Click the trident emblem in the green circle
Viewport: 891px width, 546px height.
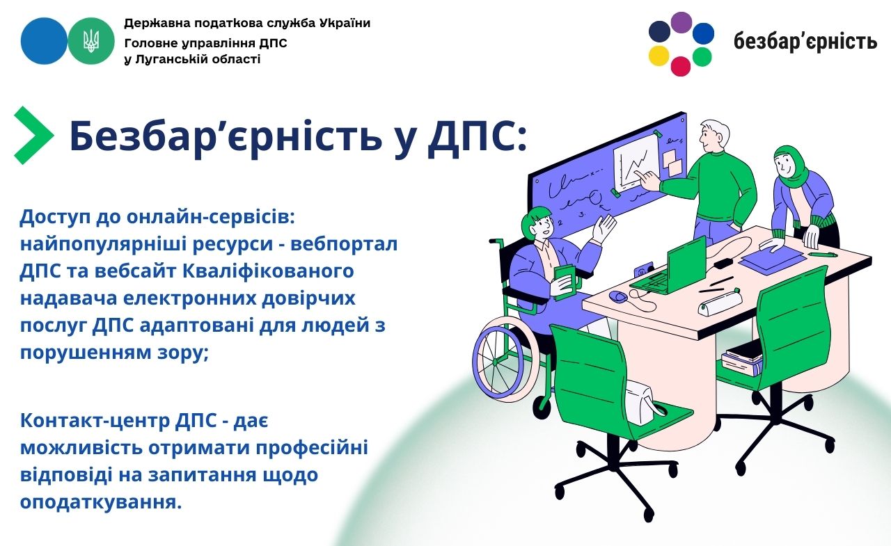[91, 41]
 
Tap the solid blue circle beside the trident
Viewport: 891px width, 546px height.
[44, 41]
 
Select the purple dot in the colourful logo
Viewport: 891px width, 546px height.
[681, 22]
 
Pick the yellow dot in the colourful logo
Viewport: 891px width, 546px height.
[659, 56]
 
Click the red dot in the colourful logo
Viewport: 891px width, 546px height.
[681, 66]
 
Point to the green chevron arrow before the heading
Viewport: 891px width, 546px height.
[34, 135]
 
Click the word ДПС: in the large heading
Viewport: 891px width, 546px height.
[477, 137]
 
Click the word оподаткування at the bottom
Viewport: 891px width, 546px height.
[101, 502]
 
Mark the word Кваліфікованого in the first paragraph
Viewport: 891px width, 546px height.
[268, 271]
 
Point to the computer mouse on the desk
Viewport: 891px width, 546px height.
[617, 296]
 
